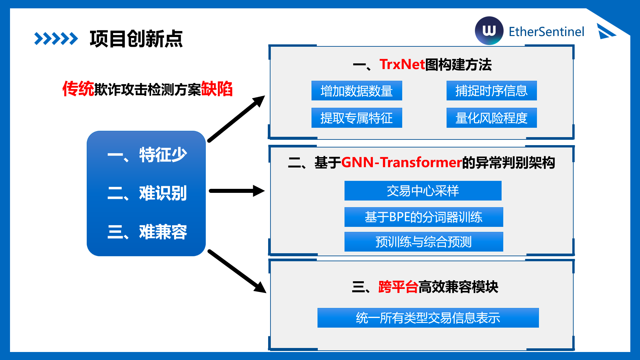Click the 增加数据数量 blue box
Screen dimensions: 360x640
coord(357,91)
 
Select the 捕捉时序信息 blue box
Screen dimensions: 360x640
coord(491,91)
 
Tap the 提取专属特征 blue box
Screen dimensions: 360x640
coord(357,118)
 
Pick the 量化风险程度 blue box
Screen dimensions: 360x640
coord(491,118)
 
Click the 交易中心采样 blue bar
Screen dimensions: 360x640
coord(423,191)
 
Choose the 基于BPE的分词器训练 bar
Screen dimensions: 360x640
coord(424,217)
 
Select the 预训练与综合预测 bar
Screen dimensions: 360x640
coord(424,242)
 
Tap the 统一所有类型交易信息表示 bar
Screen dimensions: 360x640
coord(428,318)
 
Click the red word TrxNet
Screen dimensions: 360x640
coord(402,64)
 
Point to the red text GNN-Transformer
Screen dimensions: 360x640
coord(401,162)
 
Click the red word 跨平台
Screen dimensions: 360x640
coord(398,287)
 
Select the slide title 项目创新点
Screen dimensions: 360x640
coord(136,39)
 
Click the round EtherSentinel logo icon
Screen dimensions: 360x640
coord(489,31)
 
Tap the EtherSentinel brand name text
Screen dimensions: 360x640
coord(546,32)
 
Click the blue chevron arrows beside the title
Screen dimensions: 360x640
coord(56,39)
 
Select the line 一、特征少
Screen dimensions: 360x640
coord(147,155)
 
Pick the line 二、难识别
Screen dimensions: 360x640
coord(147,193)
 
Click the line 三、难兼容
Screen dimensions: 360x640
coord(147,232)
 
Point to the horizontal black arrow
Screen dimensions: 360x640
coord(236,191)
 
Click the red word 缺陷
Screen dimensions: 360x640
coord(217,89)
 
